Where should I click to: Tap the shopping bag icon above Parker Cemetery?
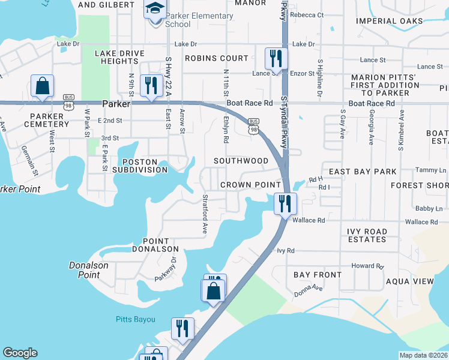[x=42, y=86]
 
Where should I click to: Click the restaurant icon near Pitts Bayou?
[x=182, y=328]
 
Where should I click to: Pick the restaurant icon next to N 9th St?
[x=149, y=85]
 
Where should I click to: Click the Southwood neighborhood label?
[x=241, y=161]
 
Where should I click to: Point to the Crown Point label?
[x=250, y=185]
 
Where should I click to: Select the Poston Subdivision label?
[x=144, y=166]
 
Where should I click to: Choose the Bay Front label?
[x=318, y=275]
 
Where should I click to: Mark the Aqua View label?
[x=410, y=281]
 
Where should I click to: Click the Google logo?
[x=20, y=353]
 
